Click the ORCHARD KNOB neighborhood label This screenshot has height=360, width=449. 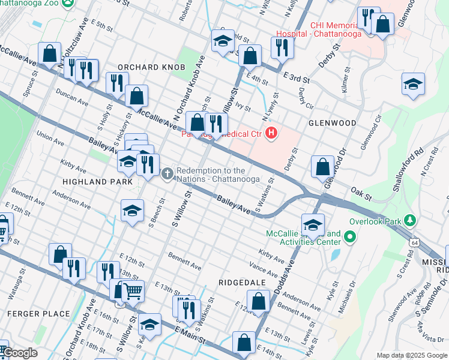pyautogui.click(x=151, y=67)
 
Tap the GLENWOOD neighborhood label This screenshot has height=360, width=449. pyautogui.click(x=332, y=122)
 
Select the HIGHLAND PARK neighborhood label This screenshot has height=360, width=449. pyautogui.click(x=90, y=181)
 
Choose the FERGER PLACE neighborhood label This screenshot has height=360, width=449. pyautogui.click(x=30, y=313)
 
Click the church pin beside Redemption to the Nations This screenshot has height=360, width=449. pyautogui.click(x=167, y=174)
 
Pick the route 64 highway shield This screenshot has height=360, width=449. pyautogui.click(x=415, y=242)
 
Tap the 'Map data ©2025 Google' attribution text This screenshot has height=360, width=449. pyautogui.click(x=411, y=355)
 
